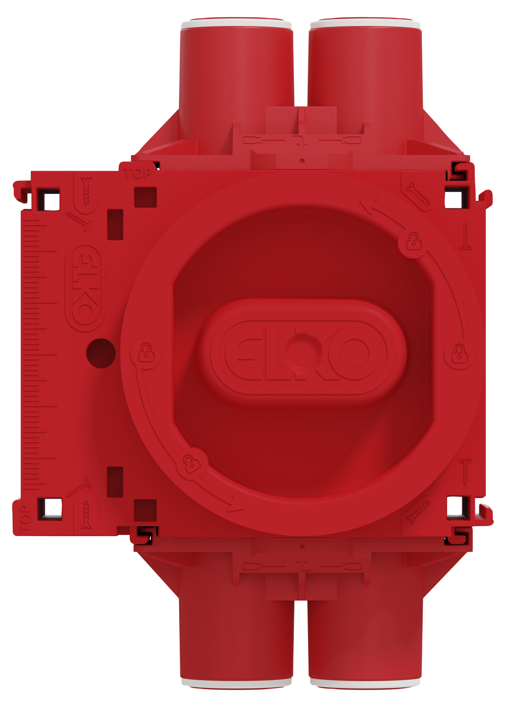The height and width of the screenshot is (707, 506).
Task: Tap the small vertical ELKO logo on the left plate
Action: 85,288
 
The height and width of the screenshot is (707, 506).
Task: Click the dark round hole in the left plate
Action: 101,353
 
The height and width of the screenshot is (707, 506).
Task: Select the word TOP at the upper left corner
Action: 138,174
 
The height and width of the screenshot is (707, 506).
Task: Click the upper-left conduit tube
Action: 236,82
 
